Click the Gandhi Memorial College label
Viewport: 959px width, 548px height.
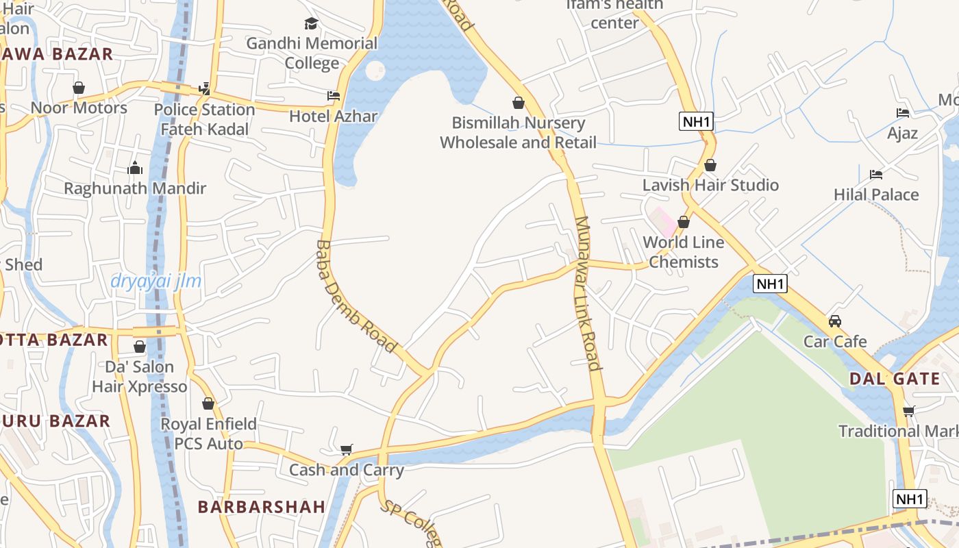[312, 53]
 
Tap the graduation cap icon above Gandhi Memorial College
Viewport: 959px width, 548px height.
[312, 24]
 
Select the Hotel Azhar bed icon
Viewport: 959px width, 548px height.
[334, 96]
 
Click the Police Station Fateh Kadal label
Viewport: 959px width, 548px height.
[204, 119]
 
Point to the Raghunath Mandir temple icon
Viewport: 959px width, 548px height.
[135, 168]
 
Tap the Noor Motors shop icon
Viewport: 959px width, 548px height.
[79, 88]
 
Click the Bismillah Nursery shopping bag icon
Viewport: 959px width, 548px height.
[519, 103]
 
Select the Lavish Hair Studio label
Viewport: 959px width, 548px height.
[710, 185]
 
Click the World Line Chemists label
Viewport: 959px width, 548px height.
[684, 252]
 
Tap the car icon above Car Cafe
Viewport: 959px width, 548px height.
[835, 321]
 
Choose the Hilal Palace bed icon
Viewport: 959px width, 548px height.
[875, 175]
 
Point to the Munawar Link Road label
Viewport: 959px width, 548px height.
[588, 293]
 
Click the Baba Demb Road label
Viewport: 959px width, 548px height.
[357, 296]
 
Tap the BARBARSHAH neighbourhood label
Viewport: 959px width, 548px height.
[262, 507]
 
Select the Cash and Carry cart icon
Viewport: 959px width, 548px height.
[347, 449]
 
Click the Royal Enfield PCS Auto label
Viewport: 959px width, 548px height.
[208, 434]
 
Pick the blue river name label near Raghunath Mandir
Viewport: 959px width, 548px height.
[156, 282]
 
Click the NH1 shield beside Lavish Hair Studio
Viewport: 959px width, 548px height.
[697, 122]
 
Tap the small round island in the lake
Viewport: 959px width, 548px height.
[375, 70]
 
